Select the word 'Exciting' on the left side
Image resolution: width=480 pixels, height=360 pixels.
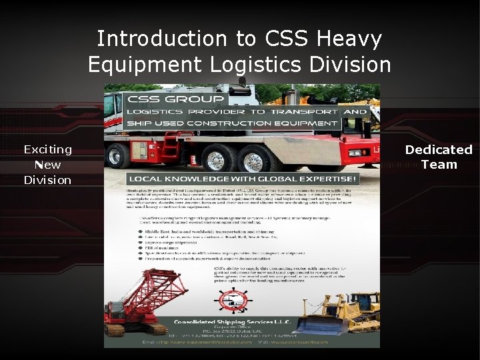tap(47, 149)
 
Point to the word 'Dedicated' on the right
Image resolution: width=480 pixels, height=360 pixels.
tap(439, 150)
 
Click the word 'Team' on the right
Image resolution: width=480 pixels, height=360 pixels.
tap(439, 165)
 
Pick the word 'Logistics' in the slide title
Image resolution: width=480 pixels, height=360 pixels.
tap(267, 65)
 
